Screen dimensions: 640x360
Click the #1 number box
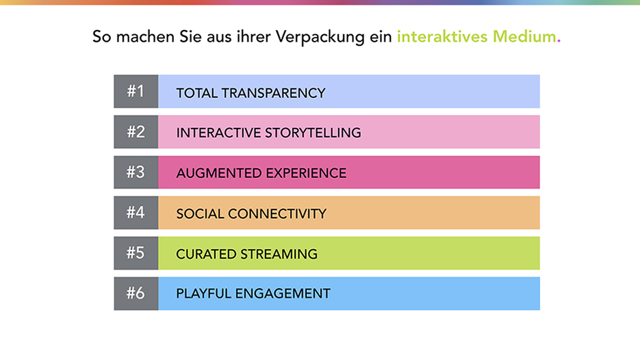[136, 92]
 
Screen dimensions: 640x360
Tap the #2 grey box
[136, 132]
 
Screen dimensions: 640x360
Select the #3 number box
[136, 172]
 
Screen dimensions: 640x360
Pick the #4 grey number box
[136, 213]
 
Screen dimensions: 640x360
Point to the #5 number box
[136, 253]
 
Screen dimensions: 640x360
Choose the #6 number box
[136, 294]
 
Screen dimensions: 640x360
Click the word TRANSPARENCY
[274, 93]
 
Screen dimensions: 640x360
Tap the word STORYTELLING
[313, 133]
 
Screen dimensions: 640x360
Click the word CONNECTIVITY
[277, 214]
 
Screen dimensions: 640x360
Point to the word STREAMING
[279, 254]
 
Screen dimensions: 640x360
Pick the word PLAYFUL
[204, 294]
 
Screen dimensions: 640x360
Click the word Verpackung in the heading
[320, 37]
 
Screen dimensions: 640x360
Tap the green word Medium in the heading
[524, 37]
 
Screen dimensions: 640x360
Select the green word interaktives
[442, 37]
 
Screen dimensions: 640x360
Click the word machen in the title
[145, 37]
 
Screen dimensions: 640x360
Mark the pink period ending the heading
[559, 41]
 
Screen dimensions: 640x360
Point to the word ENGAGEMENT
[283, 294]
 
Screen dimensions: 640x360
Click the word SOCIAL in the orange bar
[200, 214]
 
